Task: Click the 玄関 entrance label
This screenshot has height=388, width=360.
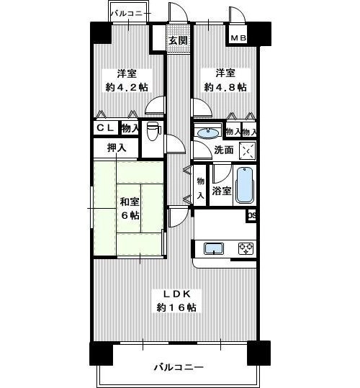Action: click(178, 40)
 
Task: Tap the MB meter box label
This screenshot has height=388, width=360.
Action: click(238, 38)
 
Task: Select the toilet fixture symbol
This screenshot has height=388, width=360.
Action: click(153, 131)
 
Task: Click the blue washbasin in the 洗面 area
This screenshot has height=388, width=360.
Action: click(208, 132)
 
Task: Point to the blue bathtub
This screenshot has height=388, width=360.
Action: click(245, 185)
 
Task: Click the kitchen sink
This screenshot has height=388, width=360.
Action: click(214, 248)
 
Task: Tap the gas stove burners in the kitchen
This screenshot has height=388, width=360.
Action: click(246, 248)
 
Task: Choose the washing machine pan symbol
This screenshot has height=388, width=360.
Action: click(248, 150)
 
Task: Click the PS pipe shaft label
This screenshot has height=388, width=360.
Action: click(251, 216)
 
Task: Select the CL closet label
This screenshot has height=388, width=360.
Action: click(105, 128)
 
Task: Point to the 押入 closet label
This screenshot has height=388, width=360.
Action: click(117, 148)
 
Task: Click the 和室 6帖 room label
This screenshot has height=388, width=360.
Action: click(130, 209)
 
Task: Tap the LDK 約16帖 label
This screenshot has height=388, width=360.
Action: click(176, 301)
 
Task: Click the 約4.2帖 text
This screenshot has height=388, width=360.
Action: click(127, 87)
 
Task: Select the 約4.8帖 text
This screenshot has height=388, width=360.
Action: click(225, 87)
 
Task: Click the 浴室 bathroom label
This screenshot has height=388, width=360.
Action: click(222, 191)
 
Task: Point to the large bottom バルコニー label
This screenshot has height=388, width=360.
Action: click(179, 366)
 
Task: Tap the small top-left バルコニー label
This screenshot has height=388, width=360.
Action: click(130, 13)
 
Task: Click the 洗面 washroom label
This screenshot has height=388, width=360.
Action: click(223, 150)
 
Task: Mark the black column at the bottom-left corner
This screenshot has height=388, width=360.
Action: click(101, 353)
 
